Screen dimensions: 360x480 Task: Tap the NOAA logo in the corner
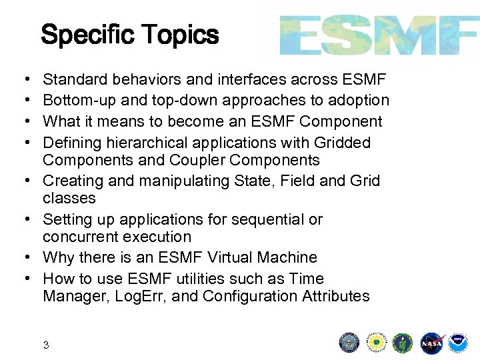(458, 343)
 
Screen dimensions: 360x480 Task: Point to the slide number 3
(46, 345)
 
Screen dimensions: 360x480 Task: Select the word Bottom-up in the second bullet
(73, 101)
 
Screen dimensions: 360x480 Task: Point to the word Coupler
(195, 161)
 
